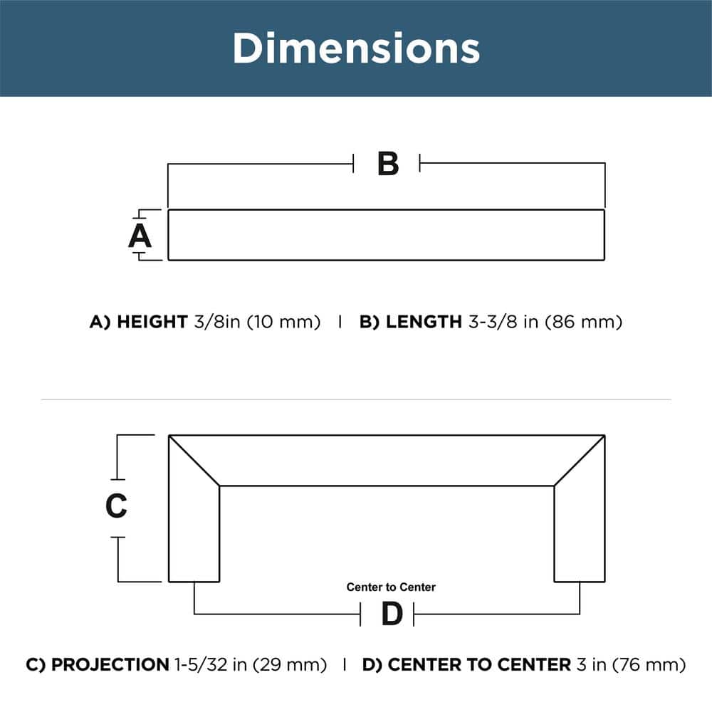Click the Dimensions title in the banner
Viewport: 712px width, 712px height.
(356, 48)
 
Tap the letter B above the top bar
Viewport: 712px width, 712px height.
(387, 164)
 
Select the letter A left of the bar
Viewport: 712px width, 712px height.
(140, 236)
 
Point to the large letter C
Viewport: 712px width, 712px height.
(116, 506)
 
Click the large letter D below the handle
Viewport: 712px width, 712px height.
(392, 614)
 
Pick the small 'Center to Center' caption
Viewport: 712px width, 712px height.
(391, 587)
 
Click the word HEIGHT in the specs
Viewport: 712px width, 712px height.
(152, 322)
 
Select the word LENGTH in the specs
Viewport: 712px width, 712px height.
(424, 322)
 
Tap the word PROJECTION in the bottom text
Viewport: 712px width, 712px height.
(110, 665)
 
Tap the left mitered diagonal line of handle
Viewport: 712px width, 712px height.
(194, 461)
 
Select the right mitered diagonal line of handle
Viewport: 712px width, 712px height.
(580, 461)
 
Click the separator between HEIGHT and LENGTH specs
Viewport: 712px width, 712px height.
(340, 322)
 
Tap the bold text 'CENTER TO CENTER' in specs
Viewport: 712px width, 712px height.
(479, 665)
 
